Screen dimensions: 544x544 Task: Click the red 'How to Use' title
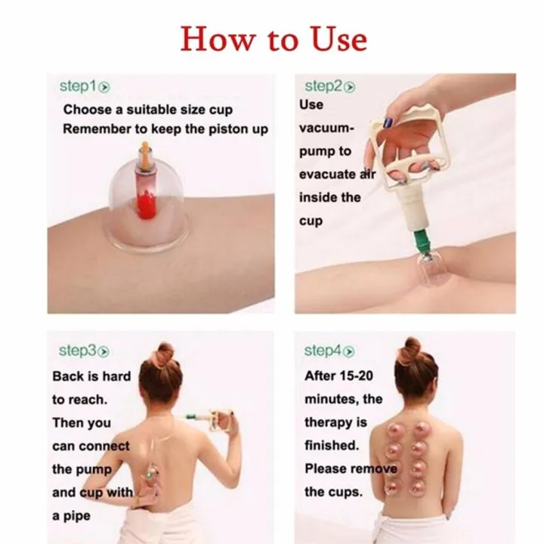[x=273, y=38]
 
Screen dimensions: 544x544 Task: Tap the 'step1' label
[x=79, y=86]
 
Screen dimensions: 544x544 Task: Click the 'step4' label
[x=323, y=351]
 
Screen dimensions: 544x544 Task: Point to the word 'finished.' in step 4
[x=331, y=445]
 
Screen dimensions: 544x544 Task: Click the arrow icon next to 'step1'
[x=105, y=87]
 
